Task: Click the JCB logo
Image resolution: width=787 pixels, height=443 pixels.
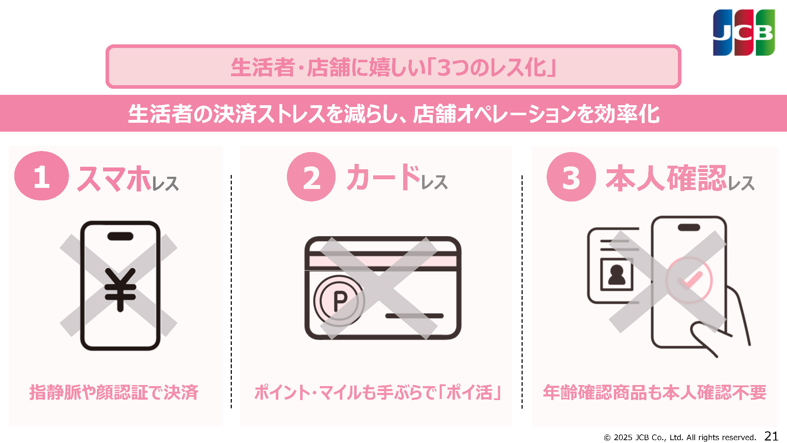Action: click(x=744, y=33)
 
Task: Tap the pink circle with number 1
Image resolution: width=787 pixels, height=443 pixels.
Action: click(x=41, y=176)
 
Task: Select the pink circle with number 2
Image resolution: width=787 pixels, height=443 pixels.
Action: click(x=311, y=177)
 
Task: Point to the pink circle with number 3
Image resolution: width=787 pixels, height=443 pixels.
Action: click(x=571, y=177)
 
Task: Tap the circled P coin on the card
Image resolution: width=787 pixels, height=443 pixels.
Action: click(x=339, y=301)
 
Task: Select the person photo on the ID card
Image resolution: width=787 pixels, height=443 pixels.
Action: click(x=616, y=274)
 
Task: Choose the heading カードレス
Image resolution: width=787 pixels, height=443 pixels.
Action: click(x=397, y=177)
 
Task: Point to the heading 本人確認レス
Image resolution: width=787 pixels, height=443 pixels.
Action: click(x=680, y=178)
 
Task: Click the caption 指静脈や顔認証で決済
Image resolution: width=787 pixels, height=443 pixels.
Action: click(x=114, y=392)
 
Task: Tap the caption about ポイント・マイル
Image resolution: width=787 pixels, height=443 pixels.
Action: click(x=377, y=392)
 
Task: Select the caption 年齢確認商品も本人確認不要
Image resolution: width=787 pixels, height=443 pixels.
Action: click(x=655, y=392)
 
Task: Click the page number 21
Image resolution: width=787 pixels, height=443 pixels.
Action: click(x=771, y=436)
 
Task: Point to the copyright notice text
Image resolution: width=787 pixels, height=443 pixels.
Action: click(x=680, y=437)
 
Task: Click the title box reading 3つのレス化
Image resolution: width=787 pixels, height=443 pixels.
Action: click(x=393, y=67)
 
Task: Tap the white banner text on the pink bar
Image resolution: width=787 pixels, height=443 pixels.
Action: click(x=393, y=114)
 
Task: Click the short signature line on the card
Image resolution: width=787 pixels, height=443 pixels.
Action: click(x=414, y=316)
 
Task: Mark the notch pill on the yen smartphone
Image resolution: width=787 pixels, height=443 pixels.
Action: click(x=120, y=236)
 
